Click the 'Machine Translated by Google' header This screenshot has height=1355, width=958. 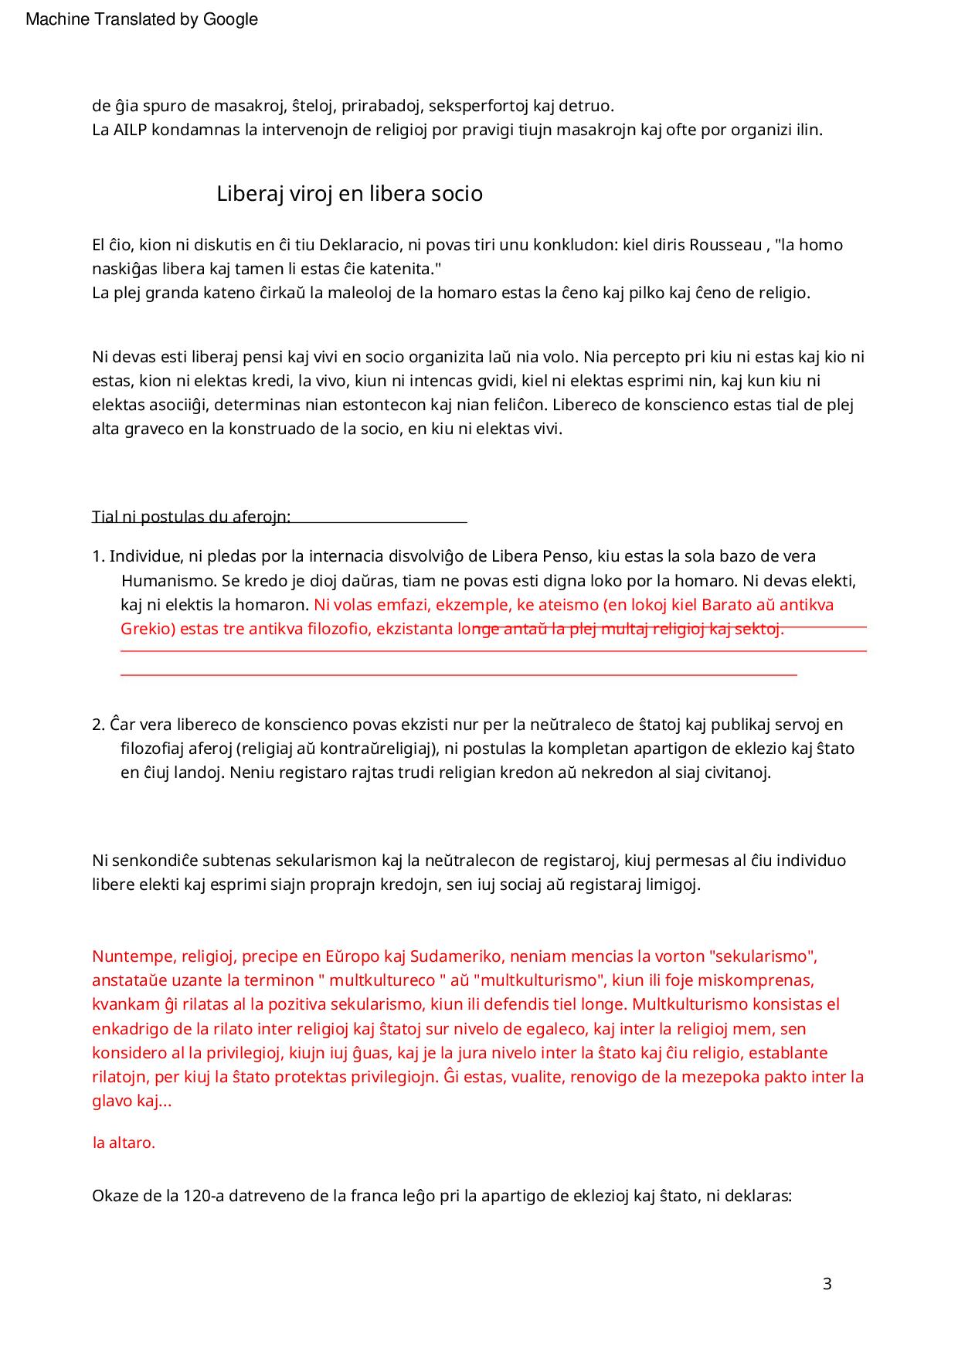pos(141,19)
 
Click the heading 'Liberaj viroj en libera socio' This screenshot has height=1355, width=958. pos(349,193)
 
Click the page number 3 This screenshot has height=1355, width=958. pos(827,1284)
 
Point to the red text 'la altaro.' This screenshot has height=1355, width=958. pos(124,1143)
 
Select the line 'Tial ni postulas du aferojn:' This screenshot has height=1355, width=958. pos(191,517)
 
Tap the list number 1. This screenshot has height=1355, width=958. pos(97,556)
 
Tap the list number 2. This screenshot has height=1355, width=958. pos(97,725)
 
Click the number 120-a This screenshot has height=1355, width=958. pos(204,1197)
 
